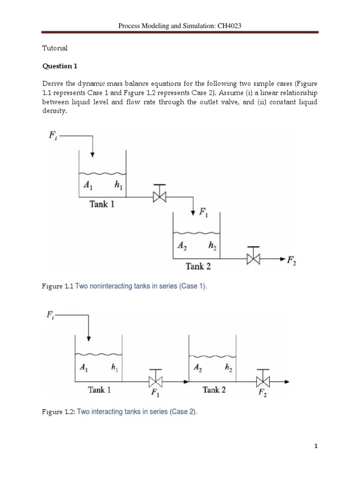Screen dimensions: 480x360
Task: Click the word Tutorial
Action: click(x=55, y=48)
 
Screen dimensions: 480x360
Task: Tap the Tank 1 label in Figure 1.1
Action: click(x=102, y=204)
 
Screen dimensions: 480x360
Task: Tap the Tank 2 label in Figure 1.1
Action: click(x=198, y=266)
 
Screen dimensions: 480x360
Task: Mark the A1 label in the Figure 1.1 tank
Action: click(x=88, y=185)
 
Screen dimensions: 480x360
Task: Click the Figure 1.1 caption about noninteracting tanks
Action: click(x=125, y=286)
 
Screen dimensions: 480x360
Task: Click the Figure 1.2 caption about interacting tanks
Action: click(x=120, y=412)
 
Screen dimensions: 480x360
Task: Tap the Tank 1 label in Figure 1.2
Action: click(x=99, y=390)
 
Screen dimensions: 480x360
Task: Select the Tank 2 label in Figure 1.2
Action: click(x=214, y=390)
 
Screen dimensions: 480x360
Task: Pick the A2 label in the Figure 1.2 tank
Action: click(x=198, y=368)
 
